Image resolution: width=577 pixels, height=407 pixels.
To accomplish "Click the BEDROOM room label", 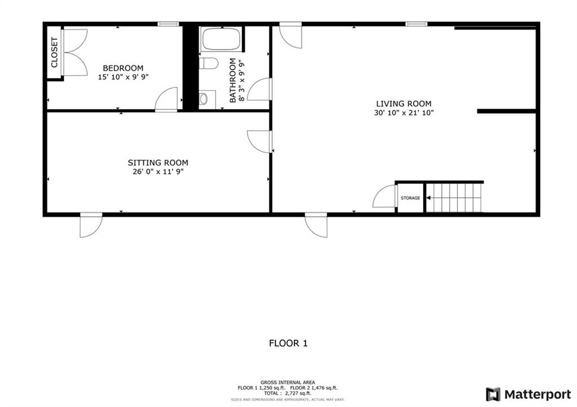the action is pyautogui.click(x=123, y=68).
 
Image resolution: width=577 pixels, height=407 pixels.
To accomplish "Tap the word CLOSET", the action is pyautogui.click(x=54, y=52).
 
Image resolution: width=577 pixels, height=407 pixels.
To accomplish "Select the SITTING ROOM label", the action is pyautogui.click(x=158, y=163).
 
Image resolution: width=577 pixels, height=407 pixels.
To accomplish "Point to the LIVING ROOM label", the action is pyautogui.click(x=403, y=104).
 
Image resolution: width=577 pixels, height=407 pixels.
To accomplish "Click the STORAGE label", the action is pyautogui.click(x=410, y=198).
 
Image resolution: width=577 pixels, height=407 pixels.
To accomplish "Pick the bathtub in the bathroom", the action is pyautogui.click(x=221, y=39).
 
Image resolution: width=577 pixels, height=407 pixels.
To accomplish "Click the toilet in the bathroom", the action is pyautogui.click(x=208, y=63).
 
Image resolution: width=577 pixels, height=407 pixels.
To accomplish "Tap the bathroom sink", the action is pyautogui.click(x=203, y=99).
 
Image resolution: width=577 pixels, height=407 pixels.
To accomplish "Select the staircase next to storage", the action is pyautogui.click(x=454, y=198).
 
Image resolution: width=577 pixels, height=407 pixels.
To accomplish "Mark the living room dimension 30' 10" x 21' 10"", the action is pyautogui.click(x=403, y=113).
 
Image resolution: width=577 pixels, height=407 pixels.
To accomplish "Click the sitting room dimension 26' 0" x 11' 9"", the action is pyautogui.click(x=158, y=172).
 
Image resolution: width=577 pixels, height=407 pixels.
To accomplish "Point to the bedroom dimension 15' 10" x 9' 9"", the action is pyautogui.click(x=123, y=77).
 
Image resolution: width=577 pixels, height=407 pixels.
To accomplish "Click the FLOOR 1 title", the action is pyautogui.click(x=288, y=343).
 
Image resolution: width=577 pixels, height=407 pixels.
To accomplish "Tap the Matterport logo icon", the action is pyautogui.click(x=493, y=395).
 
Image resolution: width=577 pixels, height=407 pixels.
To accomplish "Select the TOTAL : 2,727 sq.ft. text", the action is pyautogui.click(x=287, y=393).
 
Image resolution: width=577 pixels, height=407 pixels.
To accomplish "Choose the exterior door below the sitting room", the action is pyautogui.click(x=91, y=225).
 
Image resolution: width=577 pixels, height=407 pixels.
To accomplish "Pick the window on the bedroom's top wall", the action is pyautogui.click(x=168, y=24).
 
